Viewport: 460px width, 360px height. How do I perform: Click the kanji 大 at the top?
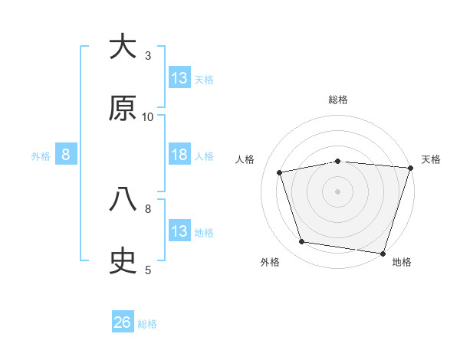point(123,47)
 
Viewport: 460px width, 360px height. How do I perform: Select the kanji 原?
point(123,110)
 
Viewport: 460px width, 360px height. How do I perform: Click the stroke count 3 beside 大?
point(148,56)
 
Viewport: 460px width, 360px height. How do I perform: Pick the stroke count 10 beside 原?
point(148,117)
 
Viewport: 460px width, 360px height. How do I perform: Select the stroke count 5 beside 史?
point(148,269)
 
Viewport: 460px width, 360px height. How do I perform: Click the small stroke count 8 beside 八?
point(148,208)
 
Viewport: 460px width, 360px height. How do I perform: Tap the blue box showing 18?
point(179,155)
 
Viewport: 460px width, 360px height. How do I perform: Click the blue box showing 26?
point(123,322)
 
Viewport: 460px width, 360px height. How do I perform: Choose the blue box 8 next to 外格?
point(66,155)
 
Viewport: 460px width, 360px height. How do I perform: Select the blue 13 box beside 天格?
point(179,78)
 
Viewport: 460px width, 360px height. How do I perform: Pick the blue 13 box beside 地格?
point(179,231)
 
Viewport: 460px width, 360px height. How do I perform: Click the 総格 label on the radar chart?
point(338,100)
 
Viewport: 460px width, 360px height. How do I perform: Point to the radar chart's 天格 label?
point(431,159)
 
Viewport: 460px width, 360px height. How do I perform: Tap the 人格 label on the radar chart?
point(245,159)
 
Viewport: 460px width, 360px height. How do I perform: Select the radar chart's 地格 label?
point(402,262)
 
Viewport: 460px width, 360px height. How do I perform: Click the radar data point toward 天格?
point(410,168)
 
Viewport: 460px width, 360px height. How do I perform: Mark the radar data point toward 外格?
point(302,242)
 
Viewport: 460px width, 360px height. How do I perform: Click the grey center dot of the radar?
point(338,191)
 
